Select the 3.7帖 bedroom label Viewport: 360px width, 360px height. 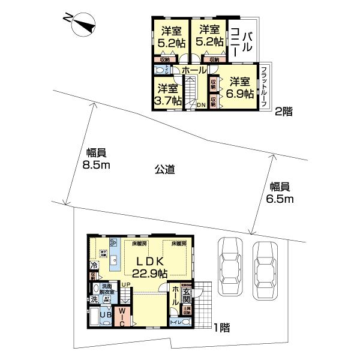coord(167,95)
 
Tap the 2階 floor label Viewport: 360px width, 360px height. coord(283,110)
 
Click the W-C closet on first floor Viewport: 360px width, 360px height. coord(121,317)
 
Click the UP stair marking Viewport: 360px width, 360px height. coord(127,284)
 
